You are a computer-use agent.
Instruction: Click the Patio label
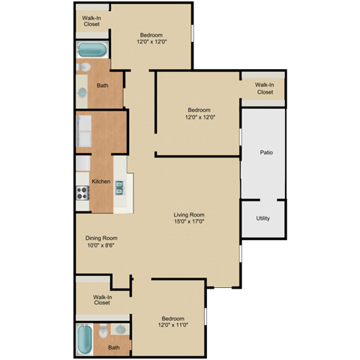point(266,152)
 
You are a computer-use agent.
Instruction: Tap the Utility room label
point(262,218)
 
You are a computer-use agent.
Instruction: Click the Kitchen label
point(101,181)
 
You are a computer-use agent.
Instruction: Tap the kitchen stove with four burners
point(82,192)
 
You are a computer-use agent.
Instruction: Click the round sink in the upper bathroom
point(82,91)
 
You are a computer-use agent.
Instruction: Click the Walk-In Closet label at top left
point(91,21)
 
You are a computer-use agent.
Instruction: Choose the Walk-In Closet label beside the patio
point(265,88)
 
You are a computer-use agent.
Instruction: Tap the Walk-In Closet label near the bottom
point(103,300)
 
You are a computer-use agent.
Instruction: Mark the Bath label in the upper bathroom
point(102,85)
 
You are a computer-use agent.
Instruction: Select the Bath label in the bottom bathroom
point(113,347)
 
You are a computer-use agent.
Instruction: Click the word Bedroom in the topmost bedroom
point(151,35)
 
